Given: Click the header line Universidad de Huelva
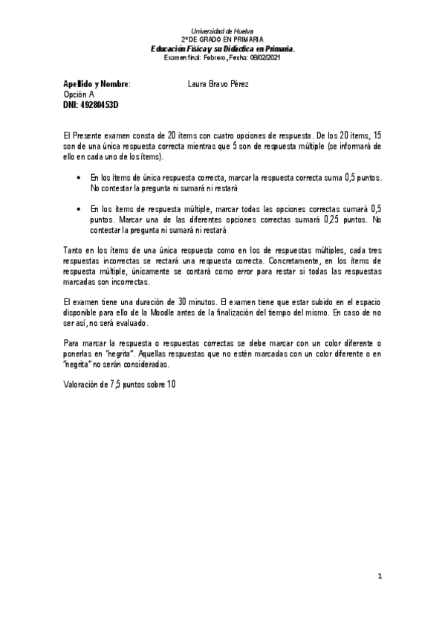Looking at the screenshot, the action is click(222, 31).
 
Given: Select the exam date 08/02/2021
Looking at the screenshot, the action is click(267, 57).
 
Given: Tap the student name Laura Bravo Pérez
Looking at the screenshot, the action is click(218, 84).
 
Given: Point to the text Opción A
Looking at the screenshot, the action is click(79, 95).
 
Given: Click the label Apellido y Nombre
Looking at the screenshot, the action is click(96, 84).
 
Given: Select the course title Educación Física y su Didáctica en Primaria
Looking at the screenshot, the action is click(222, 48).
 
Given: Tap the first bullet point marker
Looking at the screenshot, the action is click(79, 179).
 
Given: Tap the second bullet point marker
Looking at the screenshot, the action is click(79, 211).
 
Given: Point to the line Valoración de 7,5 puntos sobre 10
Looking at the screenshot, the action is click(120, 384).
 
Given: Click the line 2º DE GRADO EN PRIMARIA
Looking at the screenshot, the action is click(222, 39).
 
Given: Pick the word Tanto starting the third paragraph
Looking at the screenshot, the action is click(74, 253).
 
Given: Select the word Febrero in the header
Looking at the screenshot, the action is click(215, 57).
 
